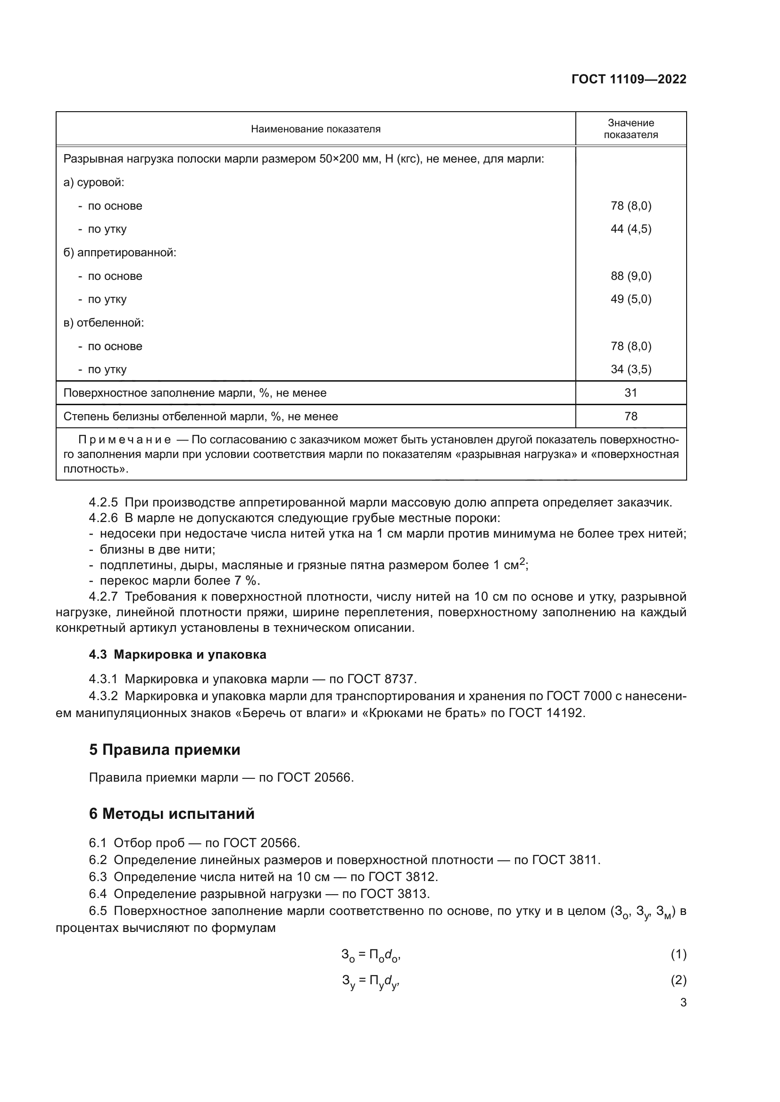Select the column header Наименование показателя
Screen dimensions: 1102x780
click(315, 129)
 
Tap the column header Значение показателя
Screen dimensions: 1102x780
click(631, 129)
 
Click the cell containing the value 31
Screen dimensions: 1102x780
click(631, 392)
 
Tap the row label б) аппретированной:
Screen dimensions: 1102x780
click(120, 253)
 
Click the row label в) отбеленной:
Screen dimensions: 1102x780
click(104, 323)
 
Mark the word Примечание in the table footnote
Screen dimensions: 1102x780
click(124, 440)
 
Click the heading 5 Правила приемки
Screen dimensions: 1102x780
click(164, 750)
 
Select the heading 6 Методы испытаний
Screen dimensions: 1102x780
click(172, 814)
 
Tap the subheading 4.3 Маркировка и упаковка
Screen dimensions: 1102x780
click(177, 655)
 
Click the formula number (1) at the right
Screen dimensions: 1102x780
click(678, 955)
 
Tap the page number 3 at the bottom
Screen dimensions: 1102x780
click(683, 1003)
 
